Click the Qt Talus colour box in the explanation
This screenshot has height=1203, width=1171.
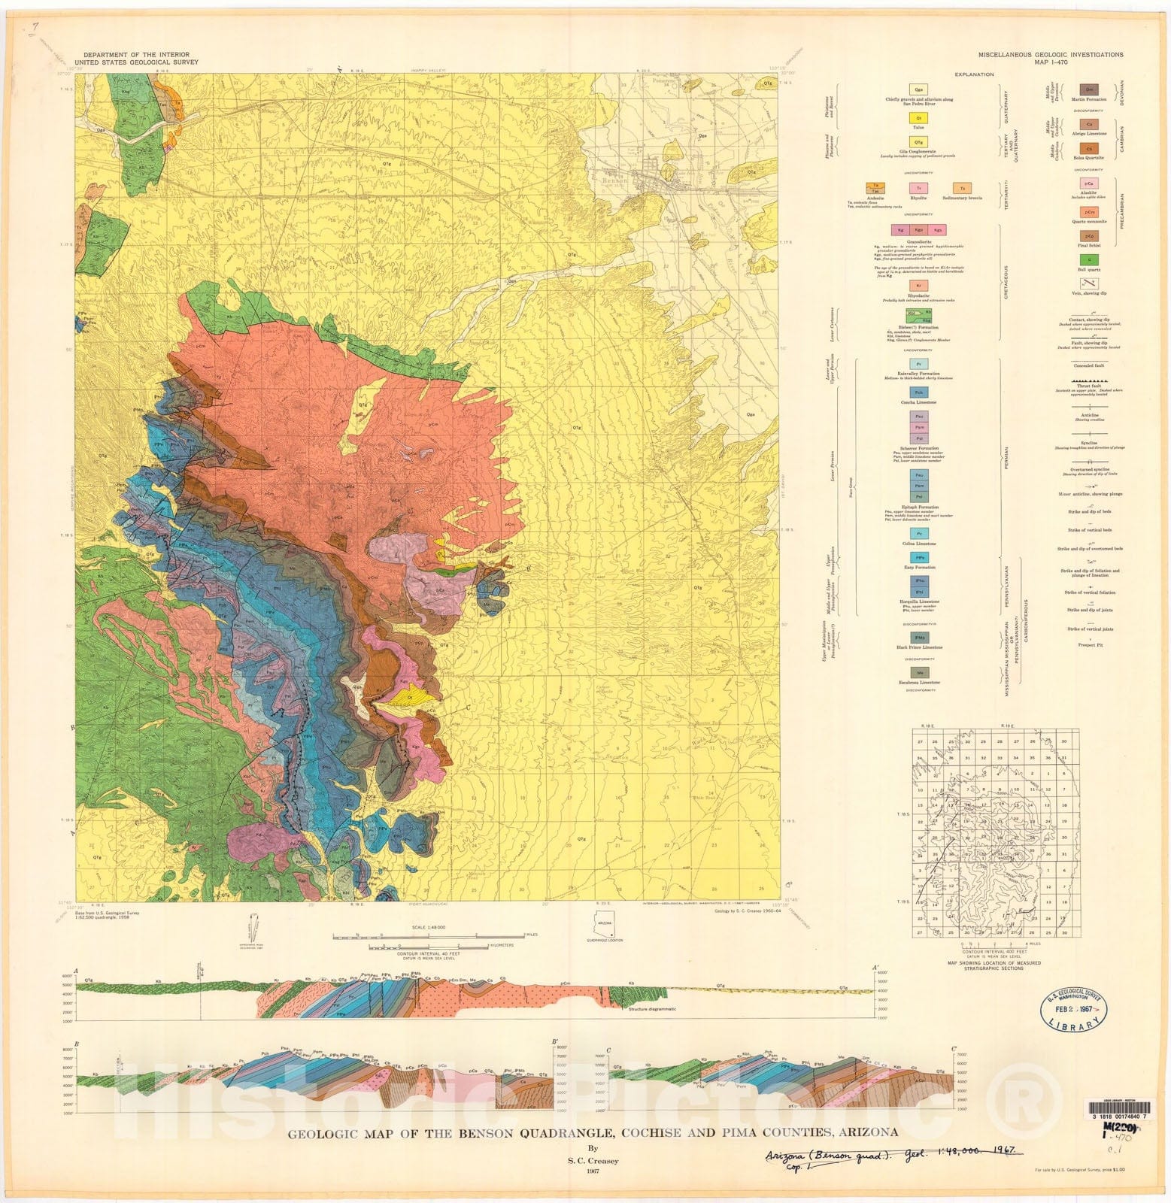point(918,118)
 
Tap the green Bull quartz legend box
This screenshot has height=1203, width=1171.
point(1089,259)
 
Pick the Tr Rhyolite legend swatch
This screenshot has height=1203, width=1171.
point(918,188)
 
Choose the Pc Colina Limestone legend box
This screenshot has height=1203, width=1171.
point(918,534)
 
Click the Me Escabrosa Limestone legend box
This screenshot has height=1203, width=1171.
point(918,672)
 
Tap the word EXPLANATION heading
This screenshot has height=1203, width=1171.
point(974,74)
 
